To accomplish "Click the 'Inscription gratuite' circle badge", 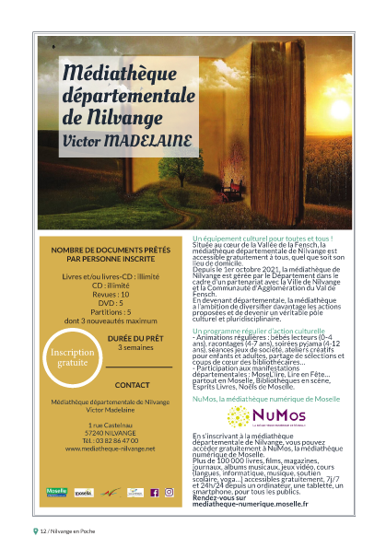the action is point(73,356).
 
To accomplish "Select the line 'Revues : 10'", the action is point(106,294).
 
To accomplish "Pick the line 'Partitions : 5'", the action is point(106,310).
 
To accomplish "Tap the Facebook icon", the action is point(156,493).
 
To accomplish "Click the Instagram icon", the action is point(170,493).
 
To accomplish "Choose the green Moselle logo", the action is point(57,493).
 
